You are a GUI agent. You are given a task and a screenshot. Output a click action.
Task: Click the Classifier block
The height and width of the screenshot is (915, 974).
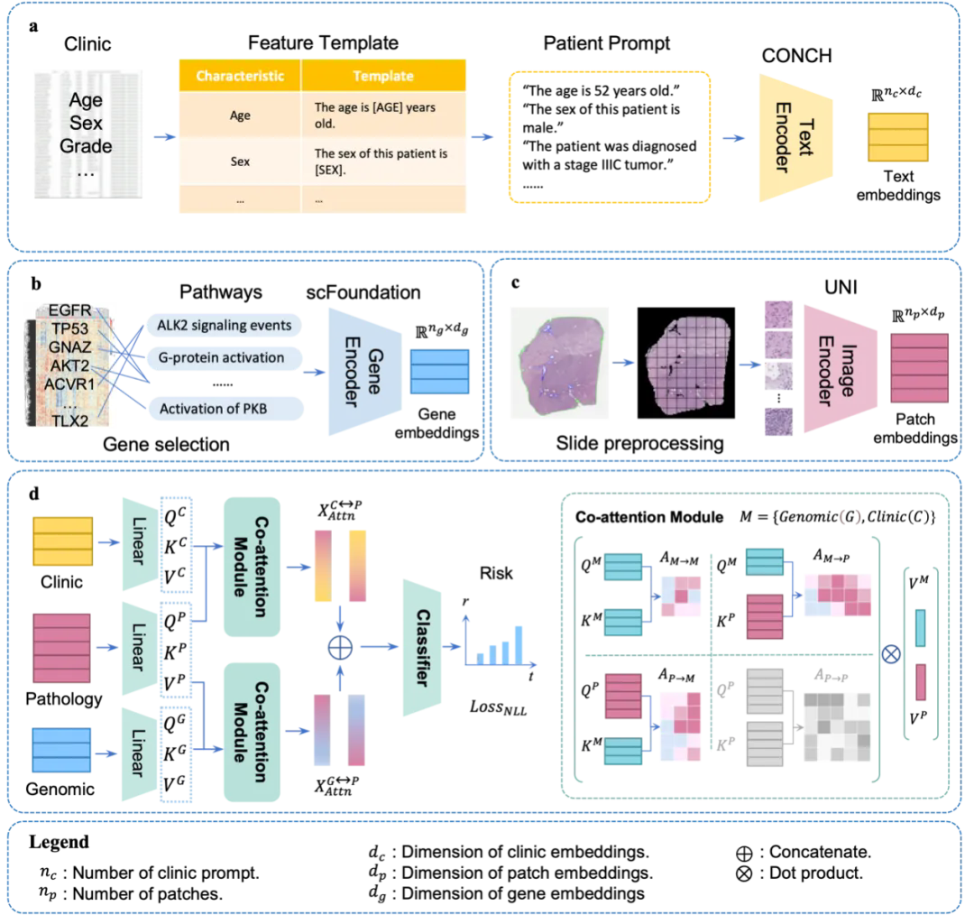pyautogui.click(x=422, y=647)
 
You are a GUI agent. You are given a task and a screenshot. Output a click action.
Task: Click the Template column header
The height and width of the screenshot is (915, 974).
pyautogui.click(x=383, y=76)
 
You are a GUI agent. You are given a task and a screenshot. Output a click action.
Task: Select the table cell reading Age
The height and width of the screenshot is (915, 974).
pyautogui.click(x=239, y=116)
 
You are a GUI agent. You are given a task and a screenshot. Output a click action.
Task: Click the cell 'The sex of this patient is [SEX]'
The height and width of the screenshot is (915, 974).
pyautogui.click(x=381, y=162)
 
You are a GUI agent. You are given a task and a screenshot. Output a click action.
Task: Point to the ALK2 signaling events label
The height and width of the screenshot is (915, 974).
pyautogui.click(x=225, y=325)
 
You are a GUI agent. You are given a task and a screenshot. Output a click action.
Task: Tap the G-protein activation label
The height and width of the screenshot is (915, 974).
pyautogui.click(x=222, y=357)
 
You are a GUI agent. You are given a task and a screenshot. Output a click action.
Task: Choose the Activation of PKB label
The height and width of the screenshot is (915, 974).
pyautogui.click(x=216, y=409)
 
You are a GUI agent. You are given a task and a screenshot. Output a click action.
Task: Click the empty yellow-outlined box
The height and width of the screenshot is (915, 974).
pyautogui.click(x=611, y=135)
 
